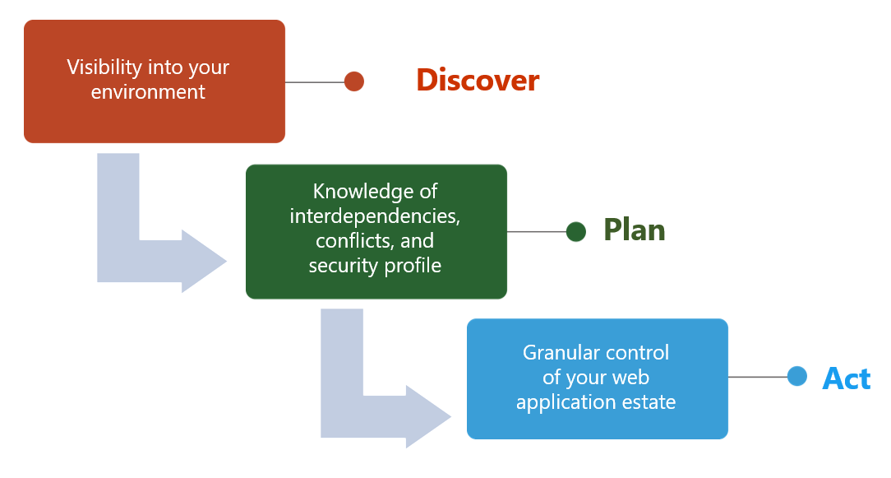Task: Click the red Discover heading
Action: pos(478,81)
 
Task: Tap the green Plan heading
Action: pos(635,230)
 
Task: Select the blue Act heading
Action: pos(846,378)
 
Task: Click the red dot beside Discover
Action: pos(354,81)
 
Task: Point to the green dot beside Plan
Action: pos(576,232)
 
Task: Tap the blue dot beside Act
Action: pos(797,376)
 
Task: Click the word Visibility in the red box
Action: pos(104,67)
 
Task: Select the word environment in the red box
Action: pos(148,92)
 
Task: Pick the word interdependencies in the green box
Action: pos(375,216)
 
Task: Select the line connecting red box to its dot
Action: pos(315,82)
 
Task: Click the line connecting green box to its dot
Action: pos(537,232)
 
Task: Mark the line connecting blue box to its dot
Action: pos(758,377)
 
